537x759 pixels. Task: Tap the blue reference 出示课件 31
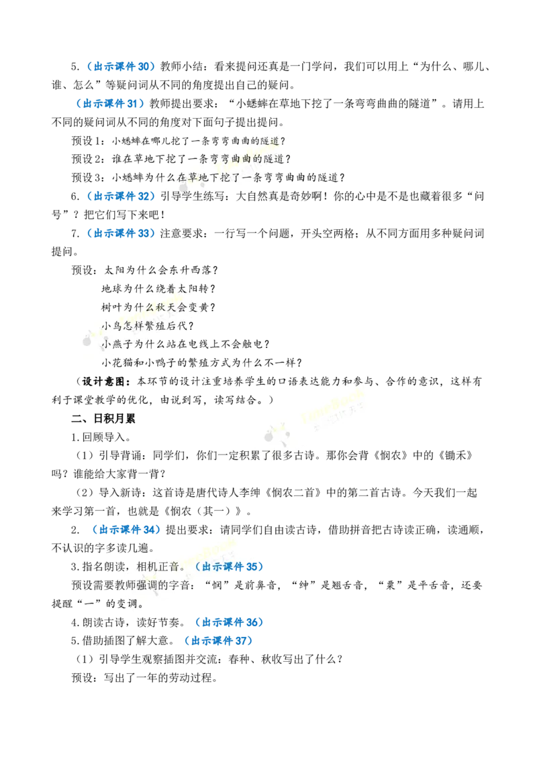coord(111,103)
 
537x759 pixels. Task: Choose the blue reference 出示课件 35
coord(230,567)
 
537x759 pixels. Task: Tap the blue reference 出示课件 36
coord(230,622)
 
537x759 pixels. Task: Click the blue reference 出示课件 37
coord(219,641)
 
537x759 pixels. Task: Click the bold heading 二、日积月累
coord(104,418)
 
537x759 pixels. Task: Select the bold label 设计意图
coord(104,382)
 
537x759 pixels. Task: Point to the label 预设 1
coord(87,141)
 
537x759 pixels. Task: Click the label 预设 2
coord(87,160)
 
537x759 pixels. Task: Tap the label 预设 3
coord(87,178)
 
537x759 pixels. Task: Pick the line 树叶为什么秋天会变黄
coord(158,307)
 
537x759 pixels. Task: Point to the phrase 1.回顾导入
coord(101,437)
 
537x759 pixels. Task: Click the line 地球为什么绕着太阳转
coord(158,289)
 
